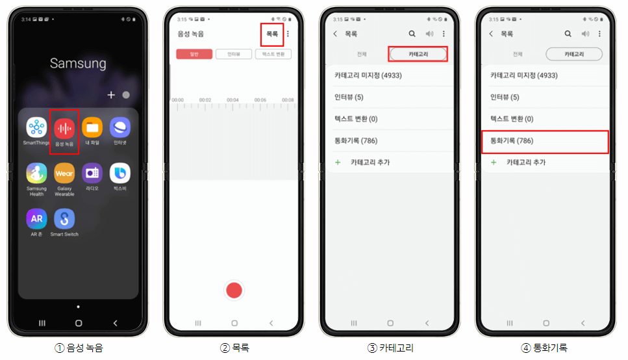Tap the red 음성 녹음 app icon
point(64,127)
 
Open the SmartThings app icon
point(36,127)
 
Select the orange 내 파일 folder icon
point(92,127)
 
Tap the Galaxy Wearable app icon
point(64,174)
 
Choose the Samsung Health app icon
point(36,174)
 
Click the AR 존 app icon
point(36,219)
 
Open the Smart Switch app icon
point(64,219)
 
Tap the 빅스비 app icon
point(120,174)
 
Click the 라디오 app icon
point(92,174)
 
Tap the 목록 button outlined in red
point(272,34)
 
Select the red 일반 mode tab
point(194,55)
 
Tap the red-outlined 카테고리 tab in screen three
point(418,54)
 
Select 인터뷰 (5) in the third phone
point(349,97)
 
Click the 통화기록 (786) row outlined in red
point(545,141)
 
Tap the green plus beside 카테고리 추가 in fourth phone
point(494,162)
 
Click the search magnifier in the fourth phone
point(568,34)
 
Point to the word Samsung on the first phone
point(78,64)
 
